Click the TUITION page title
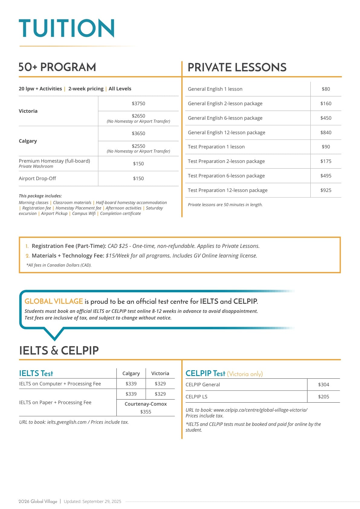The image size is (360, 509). click(66, 28)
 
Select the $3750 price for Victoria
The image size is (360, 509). click(138, 103)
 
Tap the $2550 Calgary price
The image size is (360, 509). click(138, 146)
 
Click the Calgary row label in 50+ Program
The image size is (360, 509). click(28, 141)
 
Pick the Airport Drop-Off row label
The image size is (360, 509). click(37, 178)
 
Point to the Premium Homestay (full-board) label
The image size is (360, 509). click(54, 161)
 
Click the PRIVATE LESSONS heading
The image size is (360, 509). click(237, 67)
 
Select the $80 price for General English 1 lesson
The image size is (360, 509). click(326, 89)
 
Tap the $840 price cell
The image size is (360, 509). click(326, 132)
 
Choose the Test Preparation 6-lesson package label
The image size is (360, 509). click(226, 176)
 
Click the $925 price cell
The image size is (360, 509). click(326, 190)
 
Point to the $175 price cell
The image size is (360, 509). click(326, 161)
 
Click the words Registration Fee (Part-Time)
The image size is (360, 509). click(69, 246)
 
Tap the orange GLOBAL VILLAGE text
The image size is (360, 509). click(54, 301)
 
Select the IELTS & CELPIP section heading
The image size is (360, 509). click(59, 350)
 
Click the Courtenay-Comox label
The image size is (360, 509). click(146, 404)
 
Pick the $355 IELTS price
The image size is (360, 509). click(146, 412)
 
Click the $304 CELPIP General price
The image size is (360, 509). click(323, 384)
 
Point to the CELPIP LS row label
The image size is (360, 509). click(196, 397)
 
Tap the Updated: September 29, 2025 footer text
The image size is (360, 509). click(92, 501)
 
